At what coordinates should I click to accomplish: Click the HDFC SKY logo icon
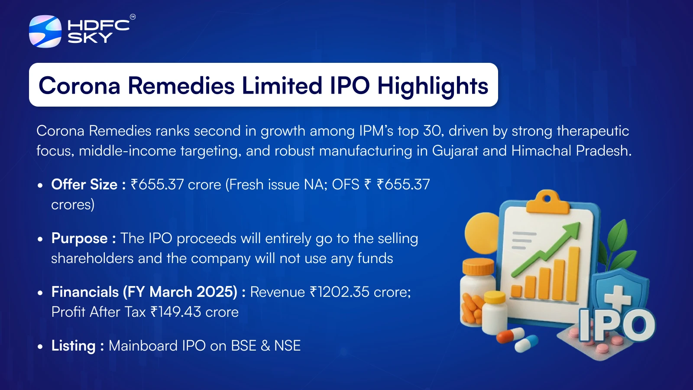click(x=45, y=31)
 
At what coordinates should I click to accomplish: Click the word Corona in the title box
click(x=79, y=86)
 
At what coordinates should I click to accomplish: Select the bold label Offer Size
click(x=84, y=185)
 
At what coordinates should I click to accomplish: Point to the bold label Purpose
click(x=80, y=239)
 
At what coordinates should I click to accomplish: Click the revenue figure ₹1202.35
click(x=340, y=292)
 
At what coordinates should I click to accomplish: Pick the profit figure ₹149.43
click(x=176, y=312)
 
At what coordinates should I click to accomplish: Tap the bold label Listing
click(x=74, y=346)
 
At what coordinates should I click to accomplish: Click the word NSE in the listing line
click(x=288, y=346)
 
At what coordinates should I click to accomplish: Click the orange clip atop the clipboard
click(x=547, y=202)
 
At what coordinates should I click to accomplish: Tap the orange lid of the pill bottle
click(x=478, y=266)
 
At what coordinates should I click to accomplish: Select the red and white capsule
click(x=511, y=335)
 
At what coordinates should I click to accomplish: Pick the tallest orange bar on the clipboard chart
click(x=574, y=274)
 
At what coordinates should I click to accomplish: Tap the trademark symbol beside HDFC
click(x=133, y=17)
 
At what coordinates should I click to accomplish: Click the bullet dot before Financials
click(x=40, y=293)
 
